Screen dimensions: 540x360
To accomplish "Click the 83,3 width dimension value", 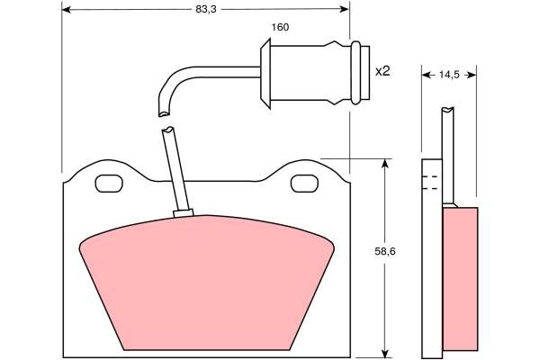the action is tap(205, 9).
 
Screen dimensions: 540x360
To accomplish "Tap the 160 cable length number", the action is tap(280, 27).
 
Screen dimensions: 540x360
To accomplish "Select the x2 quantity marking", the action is tap(382, 71).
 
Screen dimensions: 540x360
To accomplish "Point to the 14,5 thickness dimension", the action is tap(449, 75).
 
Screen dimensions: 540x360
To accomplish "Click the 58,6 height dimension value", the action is tap(385, 251).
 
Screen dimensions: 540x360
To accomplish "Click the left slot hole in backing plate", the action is tap(109, 184).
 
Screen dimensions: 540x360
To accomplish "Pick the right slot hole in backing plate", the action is tap(304, 184).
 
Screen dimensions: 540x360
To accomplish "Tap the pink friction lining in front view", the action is tap(207, 283).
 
